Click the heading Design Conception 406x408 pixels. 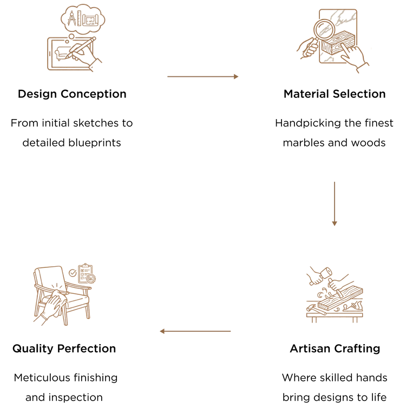click(72, 94)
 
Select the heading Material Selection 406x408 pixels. click(335, 94)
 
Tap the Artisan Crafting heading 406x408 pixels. click(335, 349)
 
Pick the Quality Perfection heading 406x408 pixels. click(64, 349)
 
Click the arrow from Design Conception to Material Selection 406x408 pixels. click(203, 76)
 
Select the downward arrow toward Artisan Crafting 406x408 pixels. click(335, 204)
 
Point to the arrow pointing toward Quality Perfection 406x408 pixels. click(195, 331)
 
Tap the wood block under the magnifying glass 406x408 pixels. click(338, 43)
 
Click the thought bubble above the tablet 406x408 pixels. click(83, 19)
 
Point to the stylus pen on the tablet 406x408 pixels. click(81, 47)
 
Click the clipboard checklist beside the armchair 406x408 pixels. click(86, 273)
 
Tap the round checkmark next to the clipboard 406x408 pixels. click(73, 273)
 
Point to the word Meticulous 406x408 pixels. click(42, 378)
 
